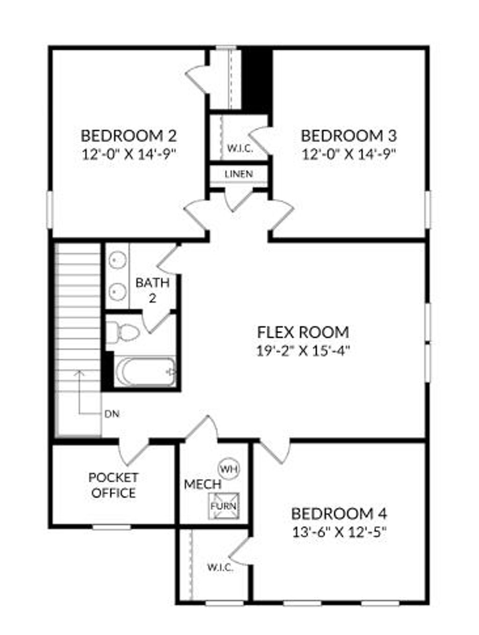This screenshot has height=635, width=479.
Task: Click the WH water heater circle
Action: coord(228,468)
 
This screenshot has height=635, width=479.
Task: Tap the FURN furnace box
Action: coord(224,506)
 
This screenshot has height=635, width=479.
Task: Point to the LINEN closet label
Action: coord(239,174)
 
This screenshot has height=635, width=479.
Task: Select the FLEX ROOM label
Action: coord(303,332)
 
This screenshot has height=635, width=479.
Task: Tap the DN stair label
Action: coord(112,414)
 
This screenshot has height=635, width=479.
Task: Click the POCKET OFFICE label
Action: coord(114,485)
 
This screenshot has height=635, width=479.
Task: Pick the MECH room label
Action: coord(202,484)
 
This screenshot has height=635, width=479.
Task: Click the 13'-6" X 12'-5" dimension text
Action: coord(339,532)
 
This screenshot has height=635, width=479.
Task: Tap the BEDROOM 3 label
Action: coord(349,136)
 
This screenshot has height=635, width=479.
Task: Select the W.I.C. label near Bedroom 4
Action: coord(220,568)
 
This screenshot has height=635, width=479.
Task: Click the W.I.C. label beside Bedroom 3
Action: coord(240,149)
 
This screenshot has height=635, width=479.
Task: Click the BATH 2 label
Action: coord(152,290)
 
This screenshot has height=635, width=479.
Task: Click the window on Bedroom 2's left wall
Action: coord(50,209)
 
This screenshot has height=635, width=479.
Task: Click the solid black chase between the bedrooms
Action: coord(257,80)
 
